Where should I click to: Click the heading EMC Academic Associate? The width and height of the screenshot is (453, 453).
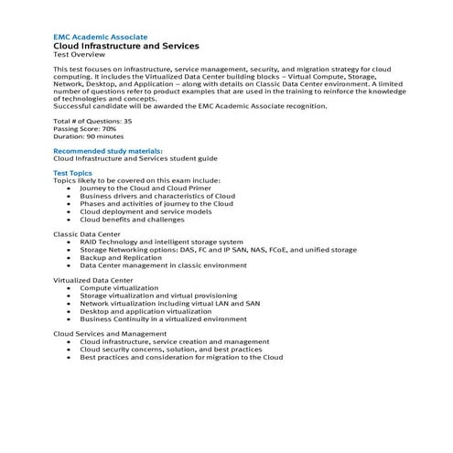(x=100, y=36)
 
